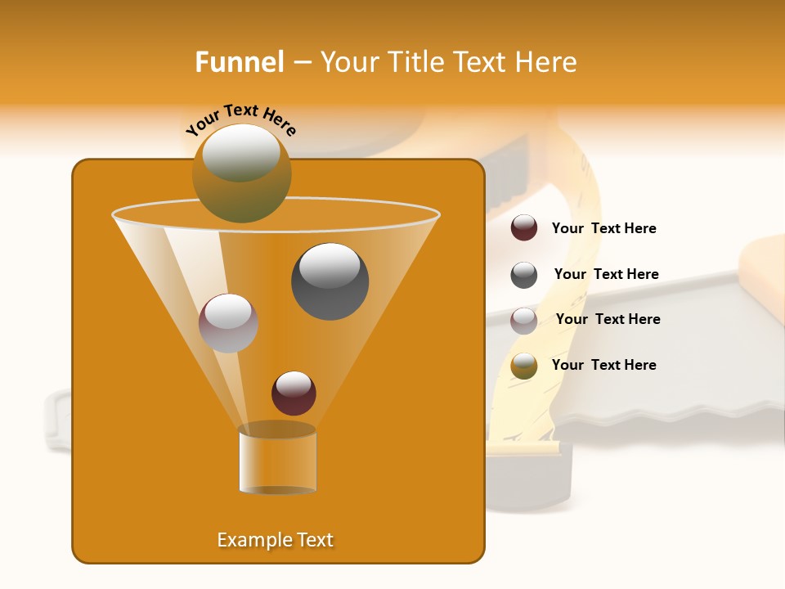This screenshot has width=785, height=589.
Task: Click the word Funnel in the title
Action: (x=240, y=62)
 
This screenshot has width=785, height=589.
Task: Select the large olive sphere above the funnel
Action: (x=241, y=173)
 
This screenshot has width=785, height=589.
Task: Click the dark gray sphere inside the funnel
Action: (x=330, y=281)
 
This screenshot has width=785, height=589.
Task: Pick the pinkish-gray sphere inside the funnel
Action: (x=228, y=323)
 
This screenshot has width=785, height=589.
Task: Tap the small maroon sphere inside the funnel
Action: (x=294, y=393)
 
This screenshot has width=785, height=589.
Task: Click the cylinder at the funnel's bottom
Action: (x=277, y=459)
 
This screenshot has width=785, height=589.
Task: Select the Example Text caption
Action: (x=276, y=540)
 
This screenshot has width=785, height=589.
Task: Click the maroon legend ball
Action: (x=524, y=228)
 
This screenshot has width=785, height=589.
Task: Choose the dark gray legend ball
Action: (x=524, y=275)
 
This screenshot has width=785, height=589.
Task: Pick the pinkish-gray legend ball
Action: (x=524, y=321)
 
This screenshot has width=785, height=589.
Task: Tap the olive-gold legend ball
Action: (x=524, y=366)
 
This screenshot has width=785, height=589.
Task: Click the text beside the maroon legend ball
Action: (x=603, y=229)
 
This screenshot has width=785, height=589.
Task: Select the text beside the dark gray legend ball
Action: (x=606, y=274)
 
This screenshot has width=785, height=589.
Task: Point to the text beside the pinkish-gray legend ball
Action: (x=608, y=319)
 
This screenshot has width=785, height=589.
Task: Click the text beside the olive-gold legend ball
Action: (x=603, y=365)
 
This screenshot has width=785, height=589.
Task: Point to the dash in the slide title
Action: (x=301, y=63)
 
